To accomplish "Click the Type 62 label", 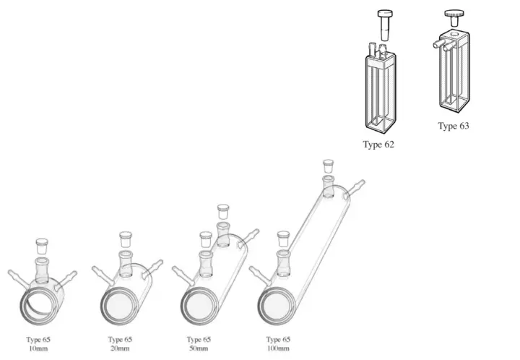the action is [378, 145].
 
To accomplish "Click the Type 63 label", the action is [454, 126].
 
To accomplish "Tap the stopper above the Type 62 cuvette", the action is [385, 25].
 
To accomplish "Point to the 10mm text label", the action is [38, 348].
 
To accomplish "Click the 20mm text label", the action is [120, 348].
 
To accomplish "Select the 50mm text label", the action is [199, 348].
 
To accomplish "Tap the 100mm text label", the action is [278, 348].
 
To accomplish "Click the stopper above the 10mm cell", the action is [42, 246].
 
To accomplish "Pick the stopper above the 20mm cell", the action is [126, 239].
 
